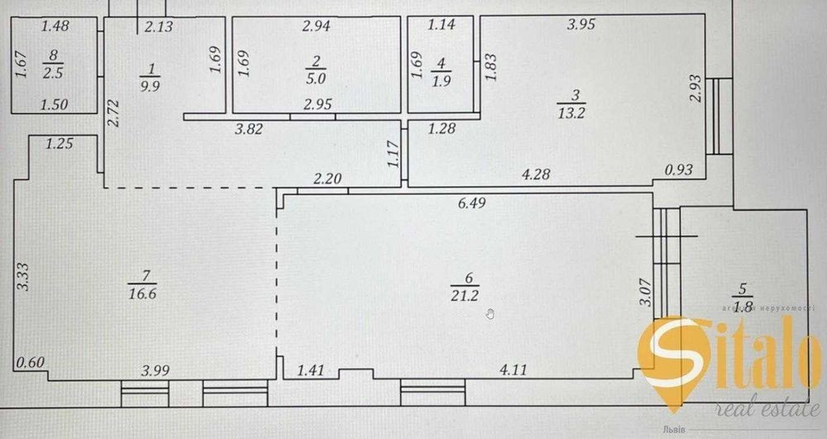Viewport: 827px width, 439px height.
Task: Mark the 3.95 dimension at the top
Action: pyautogui.click(x=581, y=26)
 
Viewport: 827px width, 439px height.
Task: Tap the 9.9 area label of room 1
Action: pyautogui.click(x=151, y=86)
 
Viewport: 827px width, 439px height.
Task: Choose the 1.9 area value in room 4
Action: pyautogui.click(x=441, y=79)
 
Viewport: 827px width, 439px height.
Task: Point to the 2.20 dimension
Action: pyautogui.click(x=327, y=178)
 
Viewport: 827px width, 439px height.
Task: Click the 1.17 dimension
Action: pyautogui.click(x=394, y=155)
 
